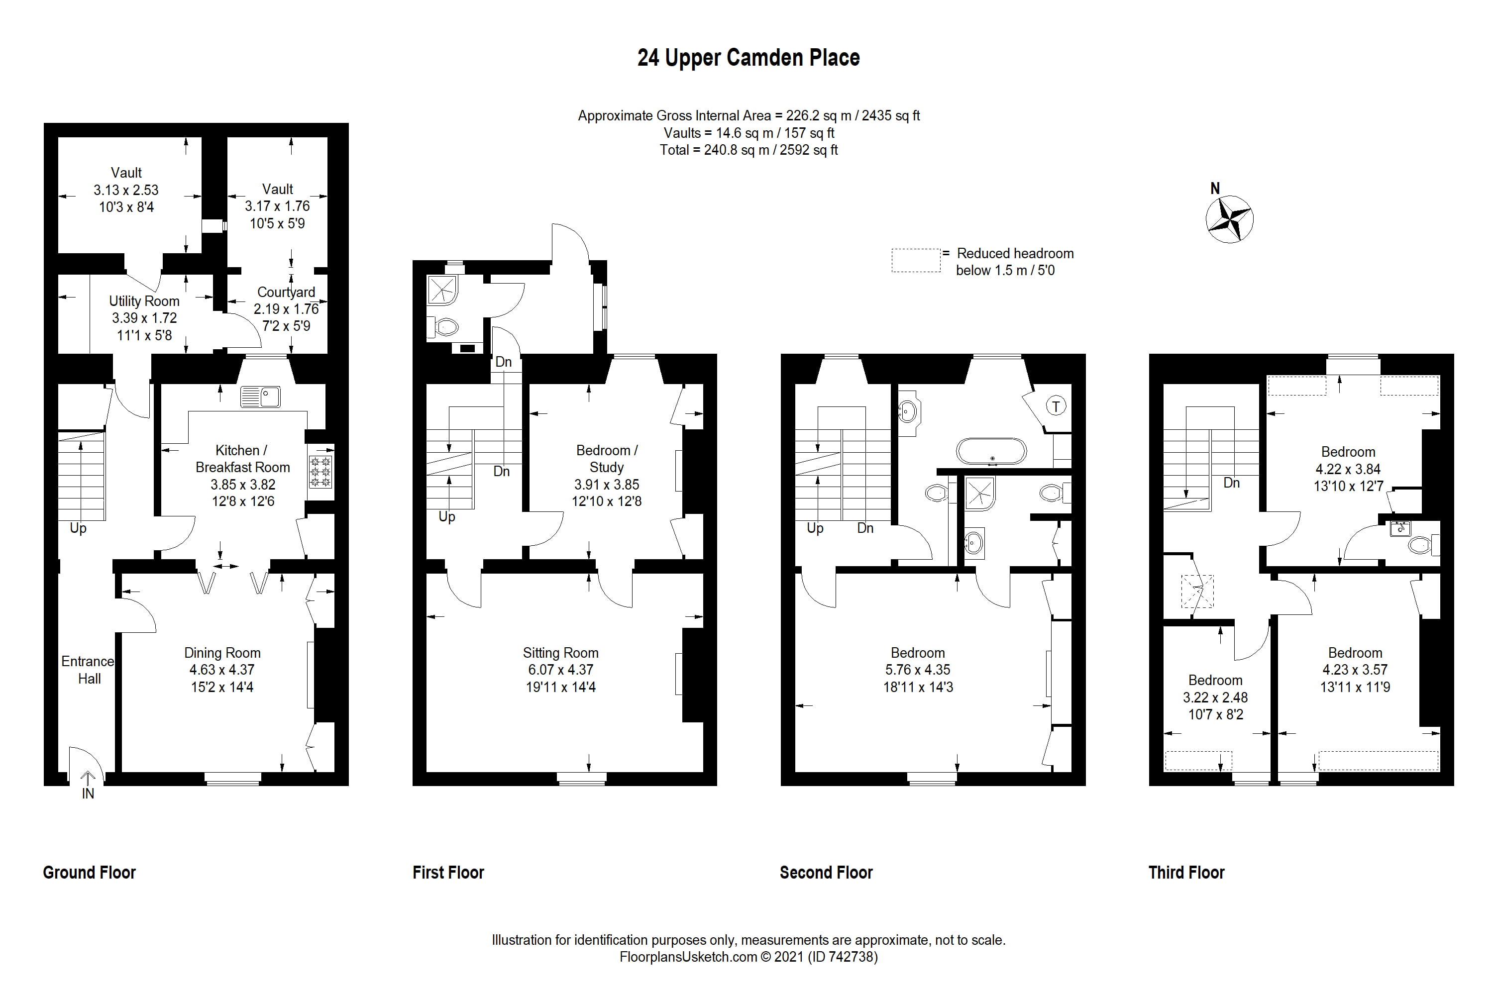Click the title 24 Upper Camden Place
[748, 58]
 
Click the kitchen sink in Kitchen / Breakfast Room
[260, 397]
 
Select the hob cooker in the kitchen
[320, 472]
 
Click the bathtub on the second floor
[990, 451]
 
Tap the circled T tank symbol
[1056, 406]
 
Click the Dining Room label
[222, 652]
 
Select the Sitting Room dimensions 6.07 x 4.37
[560, 670]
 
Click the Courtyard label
[286, 292]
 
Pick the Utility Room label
[144, 301]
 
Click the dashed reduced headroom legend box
[915, 260]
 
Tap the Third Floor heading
[1186, 873]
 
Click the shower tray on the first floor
[442, 290]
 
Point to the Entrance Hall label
[88, 670]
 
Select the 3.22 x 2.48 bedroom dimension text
[1215, 697]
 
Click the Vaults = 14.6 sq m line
[748, 133]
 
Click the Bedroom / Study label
[606, 458]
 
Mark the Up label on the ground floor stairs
[78, 528]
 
